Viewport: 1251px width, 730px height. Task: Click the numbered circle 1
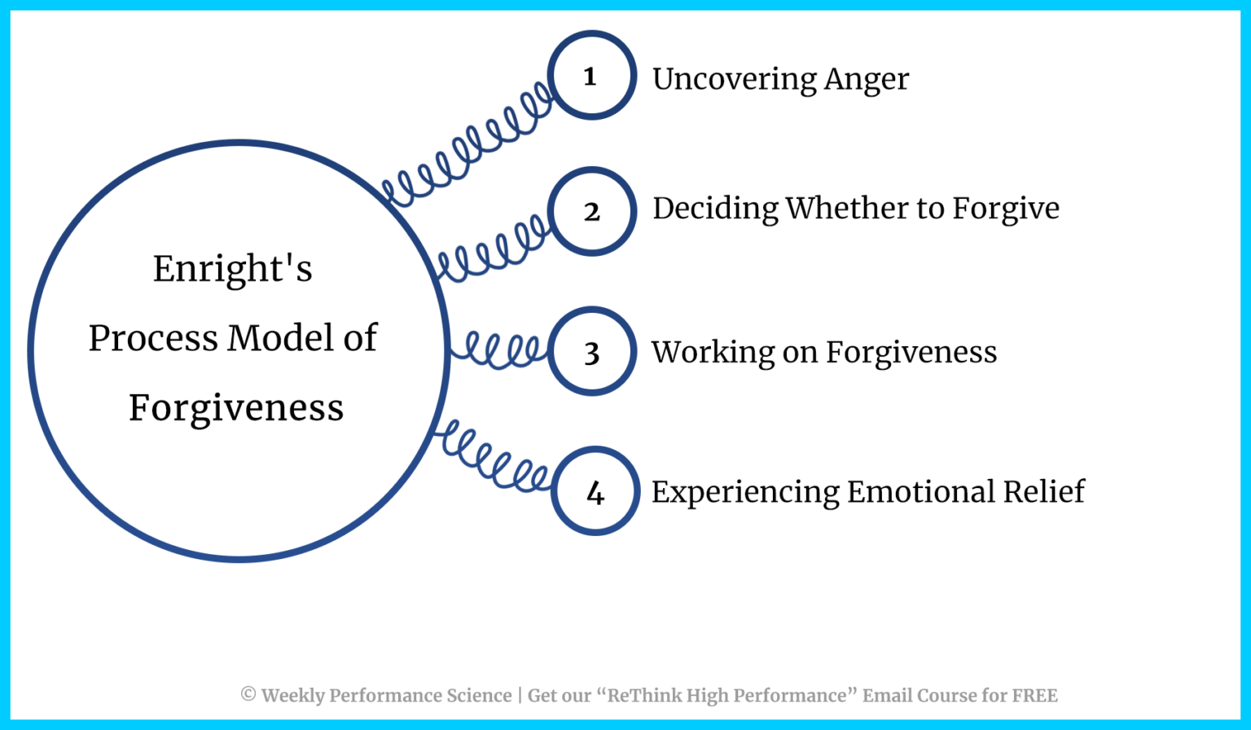pos(591,76)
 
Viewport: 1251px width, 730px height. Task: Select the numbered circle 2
pos(591,212)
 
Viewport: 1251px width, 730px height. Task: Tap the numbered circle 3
pos(591,352)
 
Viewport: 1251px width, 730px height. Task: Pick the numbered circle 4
pos(595,491)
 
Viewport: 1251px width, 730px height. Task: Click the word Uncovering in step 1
pos(734,79)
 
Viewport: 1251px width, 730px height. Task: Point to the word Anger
pos(867,80)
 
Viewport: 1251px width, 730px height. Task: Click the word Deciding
pos(715,209)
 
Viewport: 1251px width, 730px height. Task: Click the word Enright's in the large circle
pos(233,269)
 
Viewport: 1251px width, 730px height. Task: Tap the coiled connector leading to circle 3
pos(499,351)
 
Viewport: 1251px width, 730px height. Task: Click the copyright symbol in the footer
pos(248,695)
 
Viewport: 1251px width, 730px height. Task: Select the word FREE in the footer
pos(1034,696)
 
